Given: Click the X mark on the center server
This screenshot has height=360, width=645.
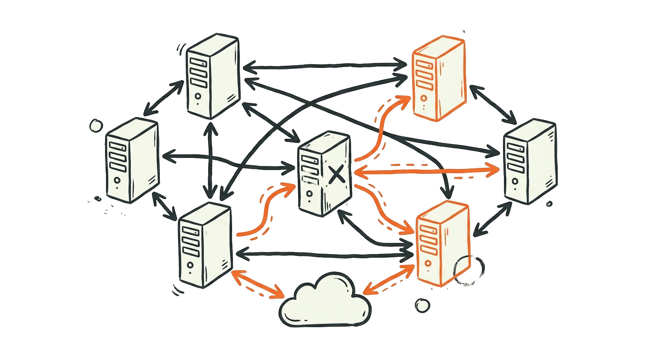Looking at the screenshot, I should pyautogui.click(x=336, y=174).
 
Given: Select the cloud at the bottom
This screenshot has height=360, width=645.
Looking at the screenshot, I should pyautogui.click(x=325, y=302).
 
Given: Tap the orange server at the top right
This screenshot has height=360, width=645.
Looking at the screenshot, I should pyautogui.click(x=438, y=78).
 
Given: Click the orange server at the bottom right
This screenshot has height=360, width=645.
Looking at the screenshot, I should pyautogui.click(x=442, y=244).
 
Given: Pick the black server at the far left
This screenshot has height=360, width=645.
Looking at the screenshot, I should pyautogui.click(x=132, y=160).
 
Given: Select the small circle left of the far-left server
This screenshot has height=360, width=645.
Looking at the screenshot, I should pyautogui.click(x=96, y=125).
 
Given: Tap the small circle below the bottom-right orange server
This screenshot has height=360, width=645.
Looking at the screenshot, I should pyautogui.click(x=422, y=306).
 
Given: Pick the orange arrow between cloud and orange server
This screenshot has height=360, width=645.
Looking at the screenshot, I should pyautogui.click(x=389, y=280).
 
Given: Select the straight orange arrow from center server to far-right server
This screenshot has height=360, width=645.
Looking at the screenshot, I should pyautogui.click(x=427, y=172).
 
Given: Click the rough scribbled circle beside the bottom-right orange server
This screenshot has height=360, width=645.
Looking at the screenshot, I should pyautogui.click(x=469, y=270).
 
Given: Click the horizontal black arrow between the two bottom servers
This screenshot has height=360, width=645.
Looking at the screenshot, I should pyautogui.click(x=323, y=255).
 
